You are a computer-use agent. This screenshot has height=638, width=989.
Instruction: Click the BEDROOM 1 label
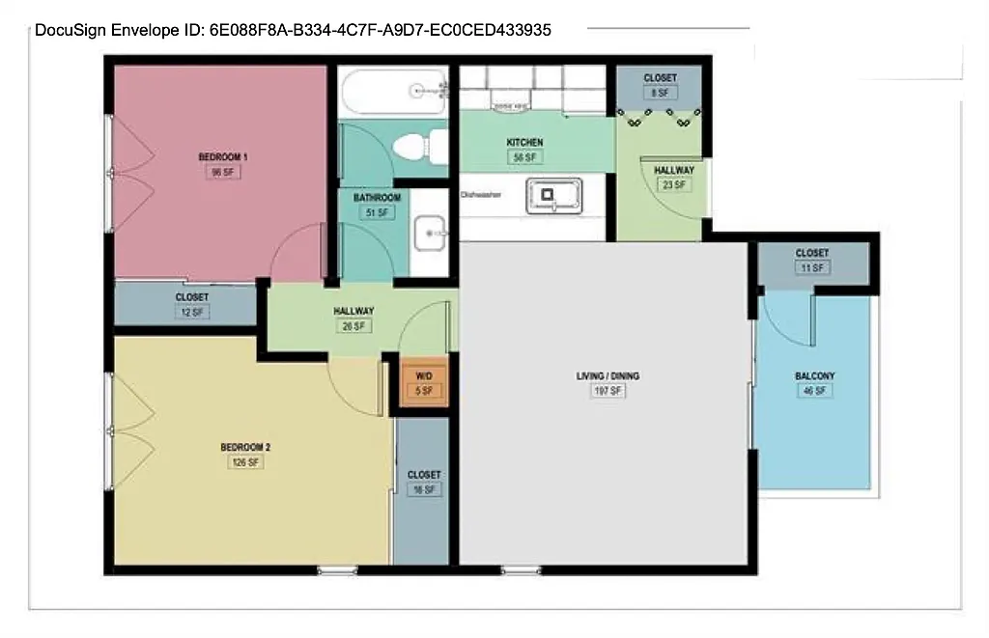click(x=223, y=156)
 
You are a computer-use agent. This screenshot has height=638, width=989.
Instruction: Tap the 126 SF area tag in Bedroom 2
click(x=244, y=462)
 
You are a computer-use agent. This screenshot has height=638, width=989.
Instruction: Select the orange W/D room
click(x=424, y=384)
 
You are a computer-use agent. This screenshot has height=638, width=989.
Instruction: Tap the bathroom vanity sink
click(x=431, y=233)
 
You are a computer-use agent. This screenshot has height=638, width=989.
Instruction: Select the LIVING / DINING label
click(x=608, y=375)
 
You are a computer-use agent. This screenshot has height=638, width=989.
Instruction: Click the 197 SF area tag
click(x=608, y=391)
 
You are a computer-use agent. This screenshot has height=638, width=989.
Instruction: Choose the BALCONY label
click(x=814, y=376)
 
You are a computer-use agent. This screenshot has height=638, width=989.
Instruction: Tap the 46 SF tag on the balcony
click(x=814, y=391)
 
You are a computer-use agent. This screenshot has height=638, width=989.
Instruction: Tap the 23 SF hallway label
click(x=673, y=184)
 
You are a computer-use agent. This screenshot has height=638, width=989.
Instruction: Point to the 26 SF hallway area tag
click(x=353, y=326)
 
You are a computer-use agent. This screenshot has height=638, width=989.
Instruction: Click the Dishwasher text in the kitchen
click(x=480, y=194)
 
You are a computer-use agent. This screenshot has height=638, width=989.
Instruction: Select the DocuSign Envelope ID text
click(x=293, y=30)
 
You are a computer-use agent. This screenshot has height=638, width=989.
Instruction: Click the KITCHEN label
click(x=524, y=143)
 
